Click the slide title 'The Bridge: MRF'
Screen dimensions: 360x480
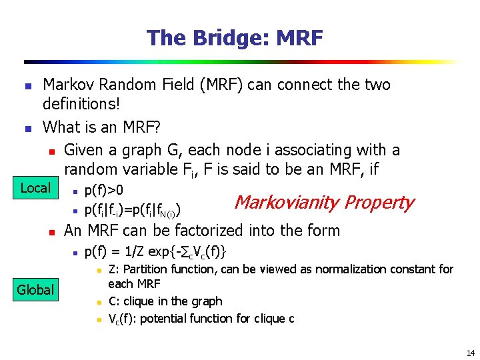[x=235, y=38]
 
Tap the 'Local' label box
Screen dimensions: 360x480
[x=35, y=189]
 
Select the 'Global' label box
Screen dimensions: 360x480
[x=35, y=289]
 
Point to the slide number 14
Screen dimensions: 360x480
[x=471, y=353]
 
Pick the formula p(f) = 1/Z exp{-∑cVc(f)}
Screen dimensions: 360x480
[x=155, y=251]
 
